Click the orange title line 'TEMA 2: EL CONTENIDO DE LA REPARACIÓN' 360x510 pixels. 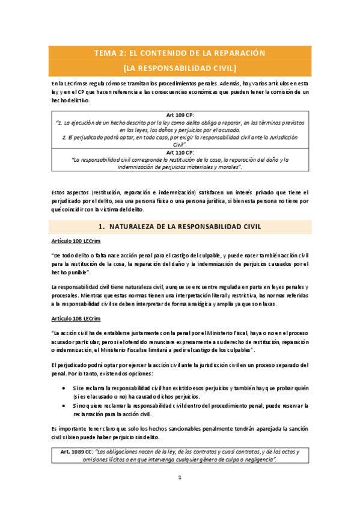tap(180, 53)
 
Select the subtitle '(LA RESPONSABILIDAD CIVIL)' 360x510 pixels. tap(180, 67)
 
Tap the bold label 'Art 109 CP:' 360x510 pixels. tap(180, 114)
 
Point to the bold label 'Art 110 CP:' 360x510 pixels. tap(180, 152)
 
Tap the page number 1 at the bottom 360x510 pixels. tap(179, 478)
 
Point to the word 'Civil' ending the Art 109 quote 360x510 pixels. tap(178, 145)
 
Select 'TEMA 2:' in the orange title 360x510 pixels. tap(108, 53)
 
